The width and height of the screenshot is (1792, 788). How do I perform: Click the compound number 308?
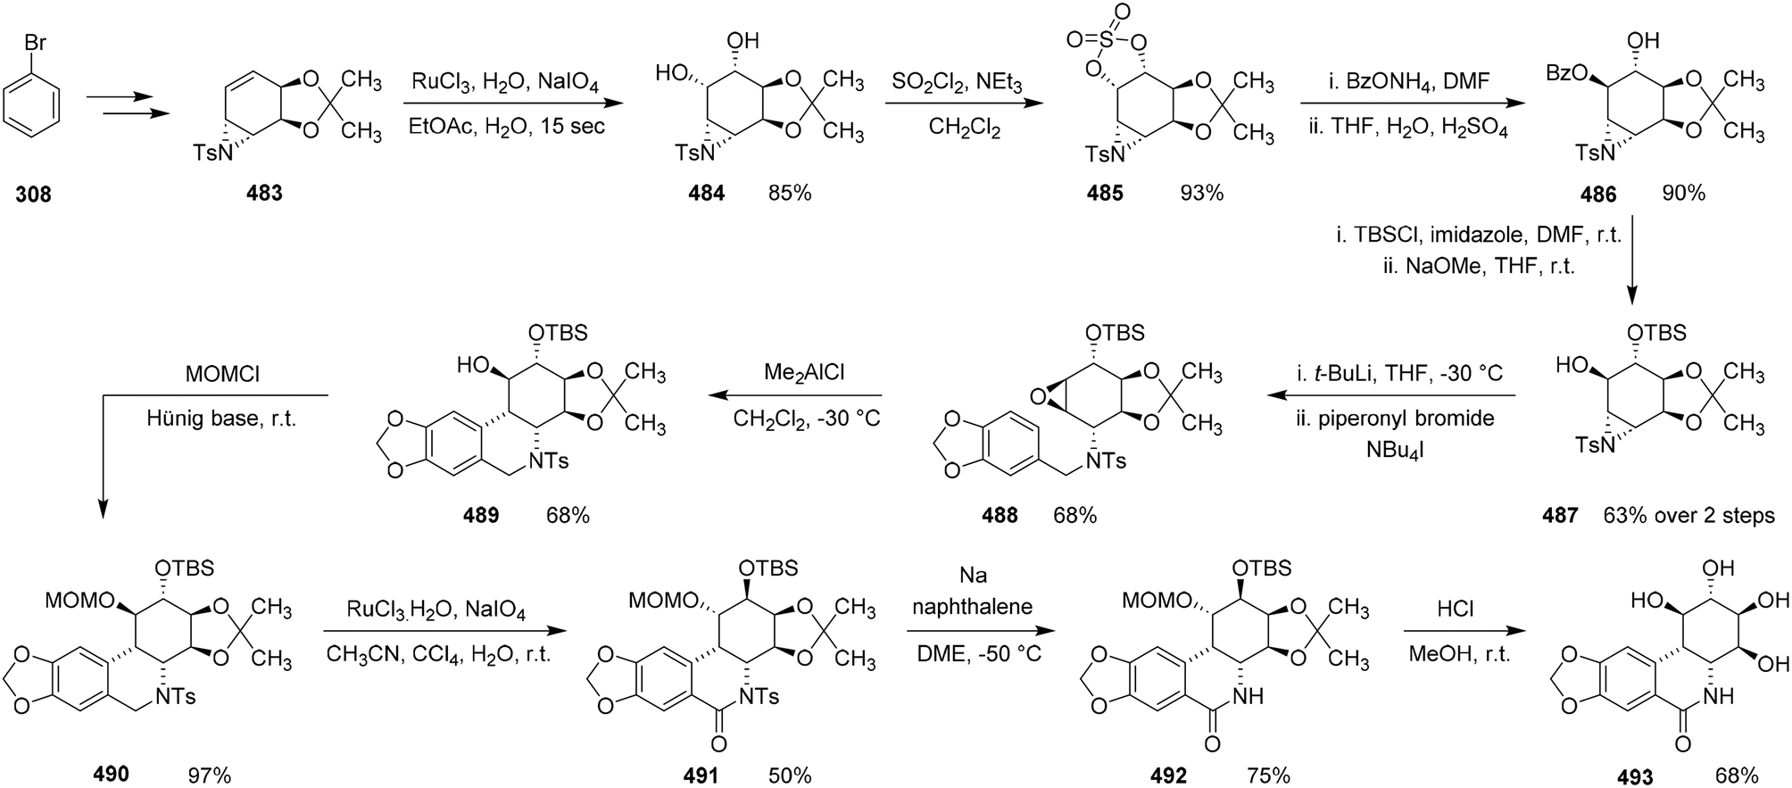tap(33, 193)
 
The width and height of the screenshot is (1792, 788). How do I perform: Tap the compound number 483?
tap(263, 193)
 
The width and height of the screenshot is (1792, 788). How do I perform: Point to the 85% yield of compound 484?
tap(790, 191)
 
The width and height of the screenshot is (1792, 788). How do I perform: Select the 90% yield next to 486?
tap(1683, 191)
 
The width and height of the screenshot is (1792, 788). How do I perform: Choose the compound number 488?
tap(999, 515)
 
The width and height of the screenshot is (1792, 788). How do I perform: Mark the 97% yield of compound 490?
tap(209, 775)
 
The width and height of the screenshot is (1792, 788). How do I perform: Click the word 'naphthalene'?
tap(973, 607)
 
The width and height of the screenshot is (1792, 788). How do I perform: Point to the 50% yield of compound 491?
tap(789, 775)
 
